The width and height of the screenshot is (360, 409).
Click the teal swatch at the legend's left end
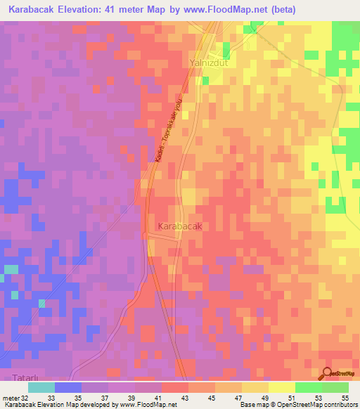tap(41, 387)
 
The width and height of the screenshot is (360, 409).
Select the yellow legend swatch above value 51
tap(282, 387)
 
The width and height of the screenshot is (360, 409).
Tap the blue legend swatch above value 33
tap(68, 387)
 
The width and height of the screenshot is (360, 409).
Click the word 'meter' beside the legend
tap(11, 397)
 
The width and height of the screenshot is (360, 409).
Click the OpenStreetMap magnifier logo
tap(328, 373)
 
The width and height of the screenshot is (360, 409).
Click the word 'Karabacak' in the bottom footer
tap(20, 405)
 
